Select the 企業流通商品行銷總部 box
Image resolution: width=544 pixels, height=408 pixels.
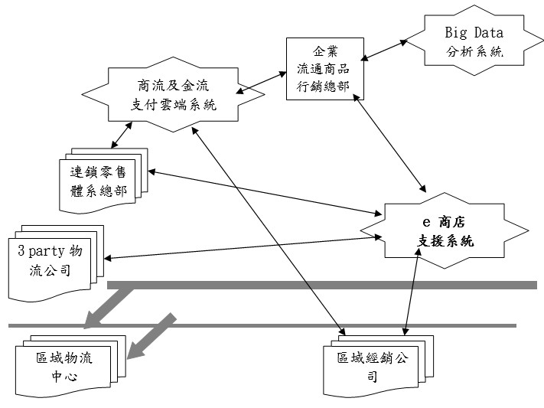[x=323, y=68]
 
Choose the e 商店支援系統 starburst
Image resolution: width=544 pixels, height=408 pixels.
[x=444, y=231]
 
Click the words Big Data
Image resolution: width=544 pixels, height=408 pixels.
[x=474, y=33]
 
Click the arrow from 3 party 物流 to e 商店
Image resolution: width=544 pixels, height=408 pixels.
[x=245, y=247]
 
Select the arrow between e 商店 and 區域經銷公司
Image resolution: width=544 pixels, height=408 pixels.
[x=411, y=291]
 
